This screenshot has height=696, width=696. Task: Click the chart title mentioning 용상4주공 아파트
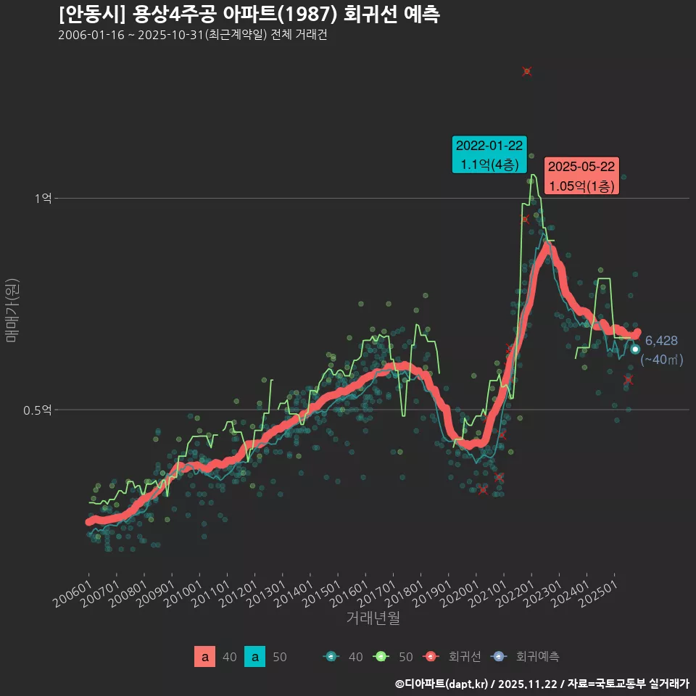(x=249, y=14)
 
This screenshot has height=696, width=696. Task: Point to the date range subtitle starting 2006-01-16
(x=192, y=36)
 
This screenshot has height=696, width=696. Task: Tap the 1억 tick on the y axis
(x=43, y=199)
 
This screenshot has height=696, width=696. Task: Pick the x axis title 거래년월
(x=373, y=618)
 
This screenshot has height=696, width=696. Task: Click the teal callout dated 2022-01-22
(x=489, y=155)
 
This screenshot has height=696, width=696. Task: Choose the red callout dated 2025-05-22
(x=581, y=176)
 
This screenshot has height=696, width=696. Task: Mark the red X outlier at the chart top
(x=527, y=71)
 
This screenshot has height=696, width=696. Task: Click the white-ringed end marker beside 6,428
(x=635, y=349)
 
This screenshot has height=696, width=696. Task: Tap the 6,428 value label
(x=660, y=341)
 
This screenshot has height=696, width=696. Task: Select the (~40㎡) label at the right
(x=662, y=359)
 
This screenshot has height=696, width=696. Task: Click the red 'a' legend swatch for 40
(x=205, y=657)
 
